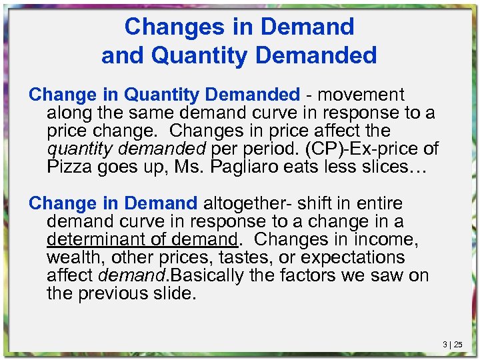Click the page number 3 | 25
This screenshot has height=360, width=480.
point(453,345)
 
